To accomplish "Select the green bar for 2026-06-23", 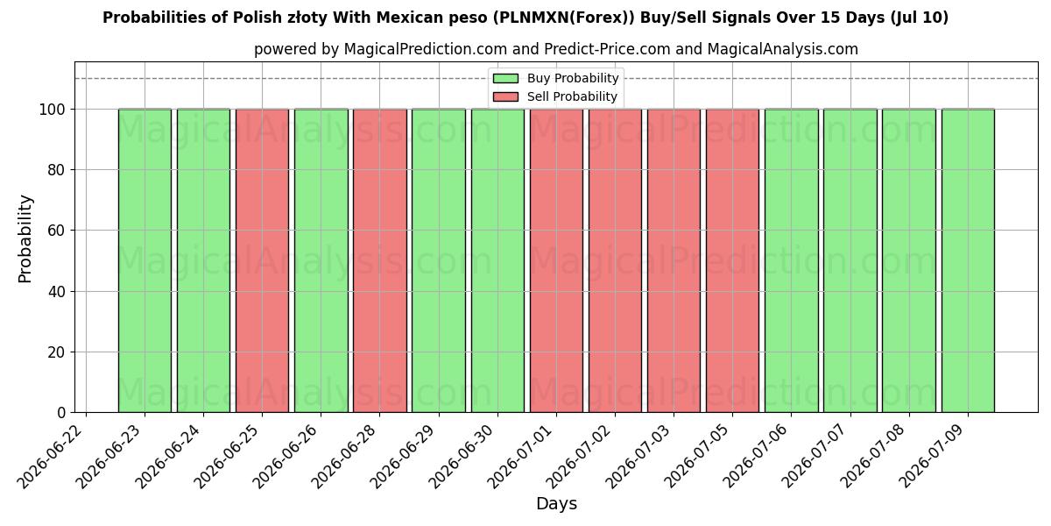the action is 145,260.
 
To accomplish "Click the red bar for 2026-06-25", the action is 262,260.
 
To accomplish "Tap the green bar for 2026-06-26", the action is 321,260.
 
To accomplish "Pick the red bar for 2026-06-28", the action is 380,260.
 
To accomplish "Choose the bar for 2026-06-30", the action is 497,260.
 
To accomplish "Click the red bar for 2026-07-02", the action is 615,260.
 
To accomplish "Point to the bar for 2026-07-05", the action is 732,260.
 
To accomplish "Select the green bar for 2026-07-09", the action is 968,260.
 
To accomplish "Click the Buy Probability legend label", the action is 573,78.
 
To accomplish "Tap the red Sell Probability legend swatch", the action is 506,96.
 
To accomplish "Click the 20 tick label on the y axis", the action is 56,352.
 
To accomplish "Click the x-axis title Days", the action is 556,504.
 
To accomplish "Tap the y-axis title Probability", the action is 25,239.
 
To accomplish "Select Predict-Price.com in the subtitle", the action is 607,49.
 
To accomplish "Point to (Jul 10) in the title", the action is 918,18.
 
